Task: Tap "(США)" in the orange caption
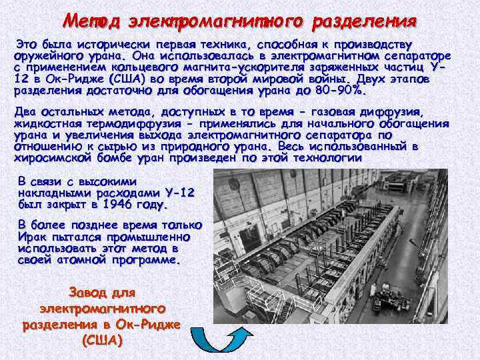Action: pyautogui.click(x=102, y=339)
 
